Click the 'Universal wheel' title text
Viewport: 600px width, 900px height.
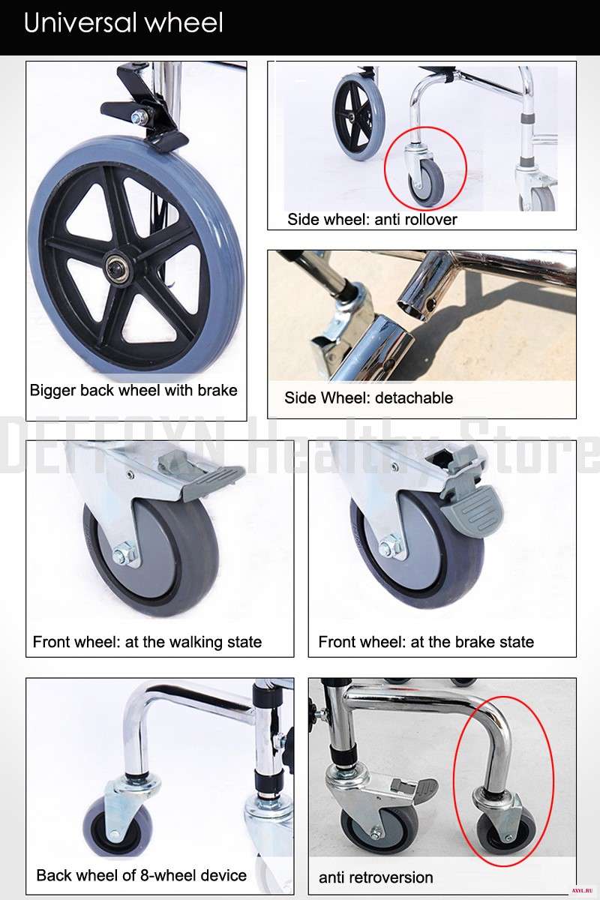tap(124, 22)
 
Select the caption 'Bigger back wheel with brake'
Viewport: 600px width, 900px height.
tap(133, 390)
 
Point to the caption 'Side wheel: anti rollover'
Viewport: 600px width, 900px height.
tap(372, 219)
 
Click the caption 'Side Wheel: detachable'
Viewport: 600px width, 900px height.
tap(368, 397)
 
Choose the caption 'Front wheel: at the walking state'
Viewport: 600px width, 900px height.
tap(147, 642)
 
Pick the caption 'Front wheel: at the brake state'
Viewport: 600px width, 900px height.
tap(426, 642)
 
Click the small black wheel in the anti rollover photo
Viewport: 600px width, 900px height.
tap(358, 118)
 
